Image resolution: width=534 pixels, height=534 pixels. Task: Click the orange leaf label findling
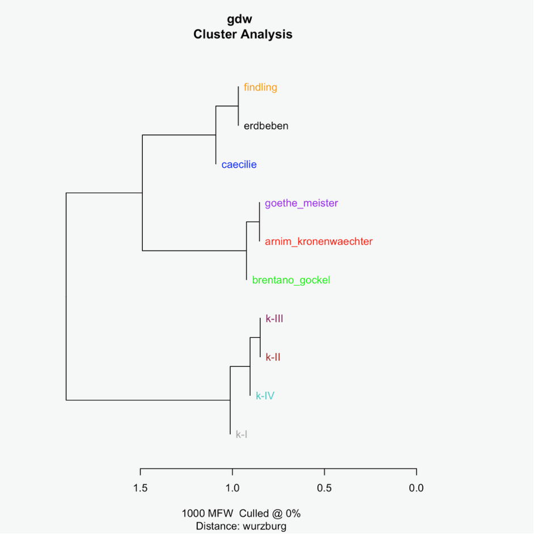[260, 87]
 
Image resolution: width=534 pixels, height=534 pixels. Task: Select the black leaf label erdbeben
[266, 126]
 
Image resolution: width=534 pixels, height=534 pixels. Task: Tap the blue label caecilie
[239, 165]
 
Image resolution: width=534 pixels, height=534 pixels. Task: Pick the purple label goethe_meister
[301, 204]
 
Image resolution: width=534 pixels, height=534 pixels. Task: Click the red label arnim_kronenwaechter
[319, 241]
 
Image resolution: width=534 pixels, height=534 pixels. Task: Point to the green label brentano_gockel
[291, 280]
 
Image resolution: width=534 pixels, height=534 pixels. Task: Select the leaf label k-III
[274, 319]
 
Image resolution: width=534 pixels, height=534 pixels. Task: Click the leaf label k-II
[273, 357]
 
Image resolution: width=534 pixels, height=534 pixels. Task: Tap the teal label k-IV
[265, 396]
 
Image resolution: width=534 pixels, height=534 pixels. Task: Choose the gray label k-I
[241, 434]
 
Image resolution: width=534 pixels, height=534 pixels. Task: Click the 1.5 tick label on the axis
[140, 488]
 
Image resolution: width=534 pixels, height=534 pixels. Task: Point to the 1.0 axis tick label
[232, 488]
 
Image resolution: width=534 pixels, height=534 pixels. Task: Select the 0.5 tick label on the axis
[324, 488]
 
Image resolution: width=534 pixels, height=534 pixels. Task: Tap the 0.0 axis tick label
[416, 488]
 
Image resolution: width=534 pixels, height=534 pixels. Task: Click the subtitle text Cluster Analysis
[243, 34]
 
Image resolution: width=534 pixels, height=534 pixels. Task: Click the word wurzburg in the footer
[264, 526]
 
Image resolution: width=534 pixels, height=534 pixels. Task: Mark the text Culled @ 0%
[270, 514]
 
